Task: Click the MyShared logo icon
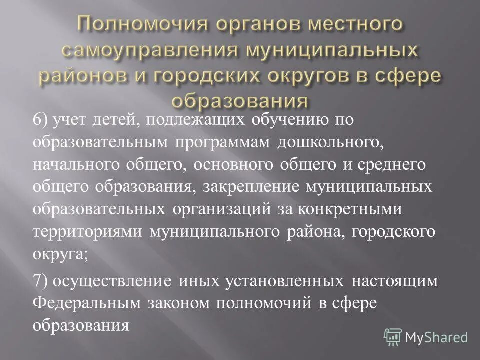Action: pyautogui.click(x=393, y=336)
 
